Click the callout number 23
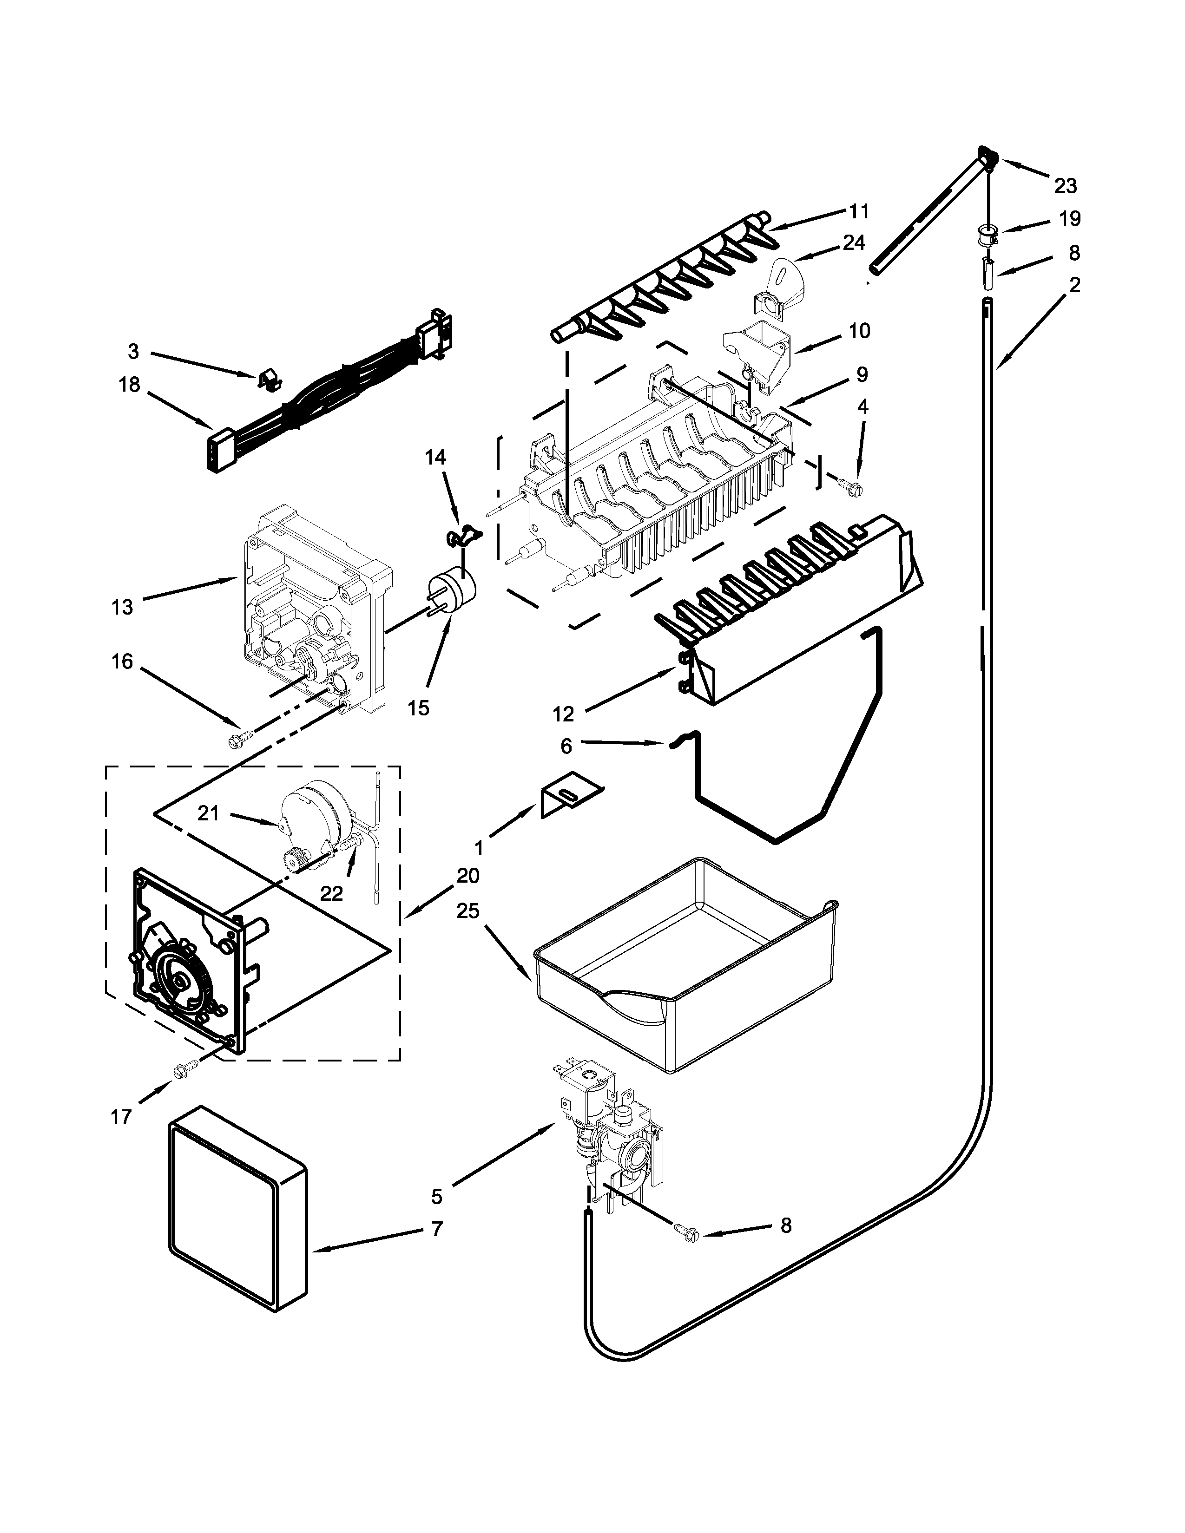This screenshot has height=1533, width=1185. click(1065, 186)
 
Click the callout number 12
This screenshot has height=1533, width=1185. click(563, 714)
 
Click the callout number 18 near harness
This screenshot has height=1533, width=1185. click(130, 385)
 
